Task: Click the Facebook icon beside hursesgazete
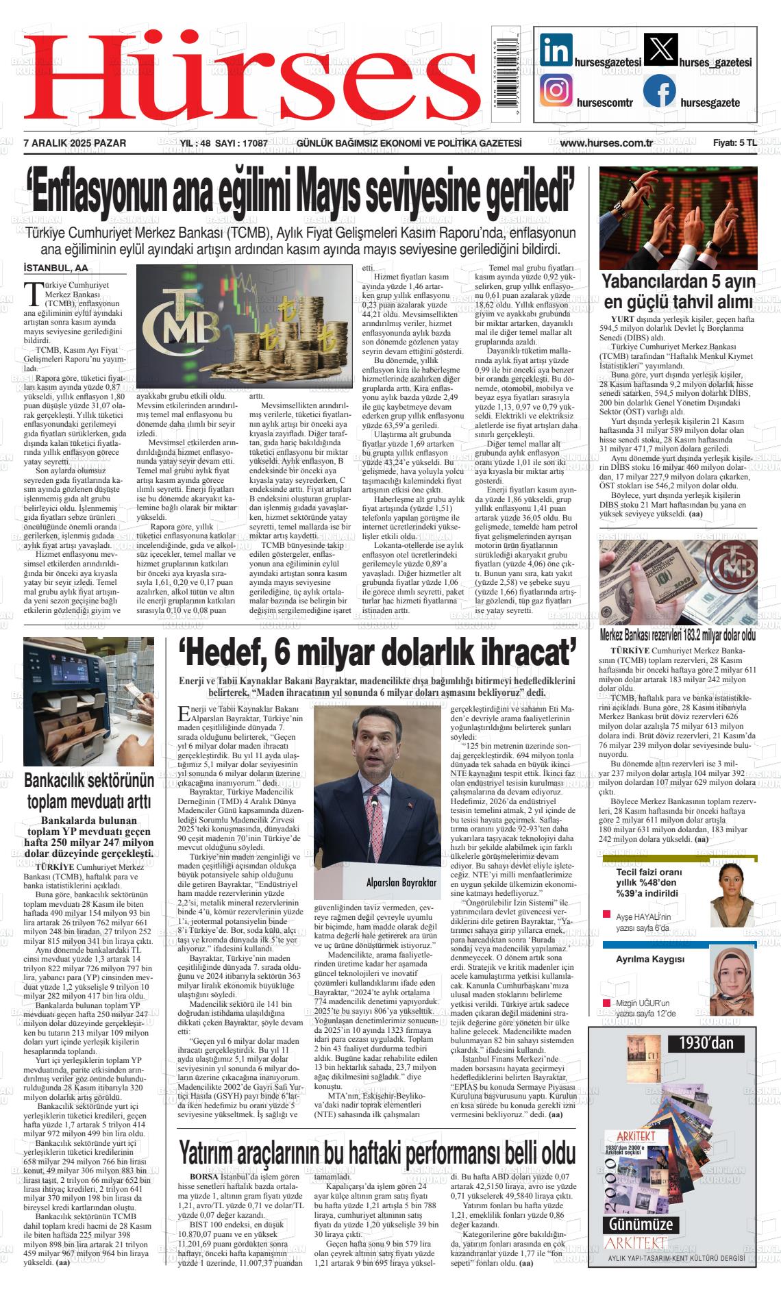pos(660,90)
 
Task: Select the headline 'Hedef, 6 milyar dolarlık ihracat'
pos(377,656)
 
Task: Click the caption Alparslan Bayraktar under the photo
pos(401,883)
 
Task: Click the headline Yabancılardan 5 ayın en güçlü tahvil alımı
pos(678,292)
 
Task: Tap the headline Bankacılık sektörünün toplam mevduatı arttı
pos(89,791)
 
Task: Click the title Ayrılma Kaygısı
pos(649,959)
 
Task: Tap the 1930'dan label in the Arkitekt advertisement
pos(710,1043)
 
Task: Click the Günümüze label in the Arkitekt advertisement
pos(636,1224)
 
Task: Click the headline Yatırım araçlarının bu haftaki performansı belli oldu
pos(377,1153)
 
